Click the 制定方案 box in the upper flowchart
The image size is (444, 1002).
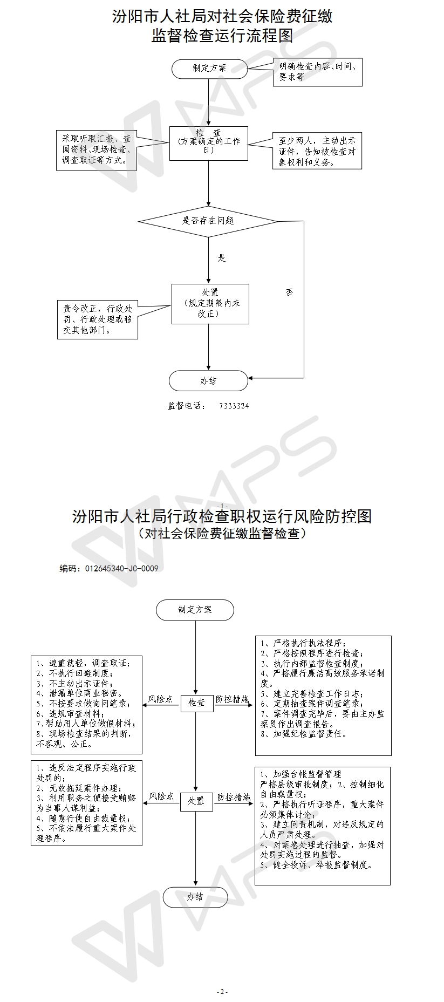point(209,69)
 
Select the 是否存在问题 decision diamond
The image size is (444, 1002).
point(208,221)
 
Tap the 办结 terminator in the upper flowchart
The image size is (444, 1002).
point(208,381)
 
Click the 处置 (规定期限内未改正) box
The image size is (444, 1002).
point(210,304)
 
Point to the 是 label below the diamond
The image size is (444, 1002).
point(222,258)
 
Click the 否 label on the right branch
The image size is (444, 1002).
point(290,292)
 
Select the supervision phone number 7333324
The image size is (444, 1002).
point(234,406)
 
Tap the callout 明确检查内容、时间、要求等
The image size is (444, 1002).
point(317,72)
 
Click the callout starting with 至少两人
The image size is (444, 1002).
point(317,151)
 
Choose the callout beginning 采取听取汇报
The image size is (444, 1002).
point(97,151)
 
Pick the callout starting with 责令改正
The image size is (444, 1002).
point(98,319)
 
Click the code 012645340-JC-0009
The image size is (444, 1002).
point(121,568)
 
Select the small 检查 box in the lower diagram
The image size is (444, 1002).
point(196,702)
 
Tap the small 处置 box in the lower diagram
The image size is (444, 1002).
point(196,801)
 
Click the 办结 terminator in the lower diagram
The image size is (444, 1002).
point(195,896)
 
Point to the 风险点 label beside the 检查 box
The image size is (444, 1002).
point(161,699)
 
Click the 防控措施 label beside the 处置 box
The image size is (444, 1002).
point(234,797)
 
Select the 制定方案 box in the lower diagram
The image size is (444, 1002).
point(195,610)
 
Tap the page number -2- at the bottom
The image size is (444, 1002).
point(222,991)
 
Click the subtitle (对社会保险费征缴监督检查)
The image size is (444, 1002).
point(222,534)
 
